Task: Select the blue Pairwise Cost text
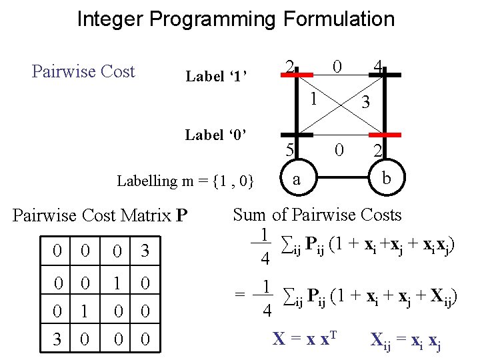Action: click(83, 71)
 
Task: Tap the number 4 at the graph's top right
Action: click(378, 66)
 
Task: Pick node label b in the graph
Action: click(385, 178)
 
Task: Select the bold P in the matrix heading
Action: click(181, 216)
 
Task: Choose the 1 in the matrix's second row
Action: click(116, 284)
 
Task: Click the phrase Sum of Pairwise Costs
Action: click(317, 215)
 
